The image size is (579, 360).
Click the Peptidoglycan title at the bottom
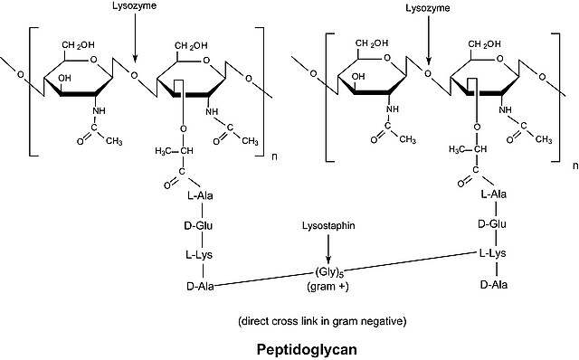click(x=307, y=349)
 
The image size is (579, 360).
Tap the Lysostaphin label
click(x=328, y=225)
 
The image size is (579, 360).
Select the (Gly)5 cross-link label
click(x=327, y=272)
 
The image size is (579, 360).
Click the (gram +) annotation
click(x=327, y=287)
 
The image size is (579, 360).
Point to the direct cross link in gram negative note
click(x=322, y=321)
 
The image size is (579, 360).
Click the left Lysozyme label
click(x=135, y=6)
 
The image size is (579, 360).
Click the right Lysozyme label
click(x=428, y=8)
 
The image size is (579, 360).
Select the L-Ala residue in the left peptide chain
click(x=200, y=195)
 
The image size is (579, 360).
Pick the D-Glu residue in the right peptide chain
click(x=492, y=224)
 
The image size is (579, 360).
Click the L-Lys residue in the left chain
click(x=199, y=255)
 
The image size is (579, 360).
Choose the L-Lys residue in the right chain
click(x=492, y=253)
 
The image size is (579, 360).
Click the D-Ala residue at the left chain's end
click(x=200, y=286)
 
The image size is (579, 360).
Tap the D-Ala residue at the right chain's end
click(x=494, y=285)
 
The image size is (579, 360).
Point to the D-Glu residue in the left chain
click(x=198, y=225)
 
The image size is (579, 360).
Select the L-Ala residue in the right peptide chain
click(x=494, y=194)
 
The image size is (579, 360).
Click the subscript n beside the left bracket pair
click(x=274, y=156)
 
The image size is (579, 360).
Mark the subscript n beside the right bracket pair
click(x=575, y=166)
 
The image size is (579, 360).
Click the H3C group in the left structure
click(x=163, y=151)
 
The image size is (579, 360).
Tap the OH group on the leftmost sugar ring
click(x=64, y=79)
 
